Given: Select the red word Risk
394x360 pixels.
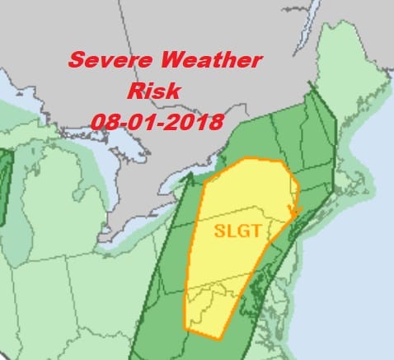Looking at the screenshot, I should [153, 90].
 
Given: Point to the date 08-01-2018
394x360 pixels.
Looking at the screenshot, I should [157, 122].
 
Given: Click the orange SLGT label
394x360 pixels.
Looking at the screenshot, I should [238, 231].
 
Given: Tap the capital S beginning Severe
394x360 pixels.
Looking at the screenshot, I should [75, 61].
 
